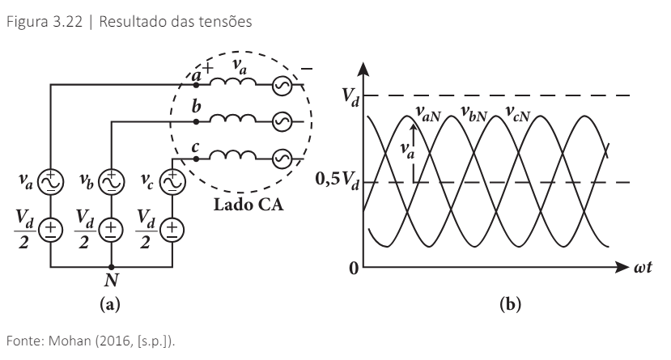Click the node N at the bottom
pyautogui.click(x=112, y=266)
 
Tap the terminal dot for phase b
pyautogui.click(x=197, y=121)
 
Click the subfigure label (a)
pyautogui.click(x=111, y=305)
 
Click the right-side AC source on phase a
pyautogui.click(x=282, y=83)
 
